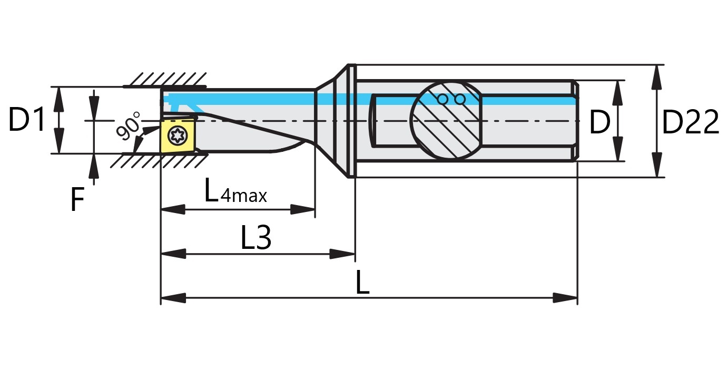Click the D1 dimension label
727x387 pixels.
27,120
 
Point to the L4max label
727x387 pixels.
235,192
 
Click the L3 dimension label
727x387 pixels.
256,238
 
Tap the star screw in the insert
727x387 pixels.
176,136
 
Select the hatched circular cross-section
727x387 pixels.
446,120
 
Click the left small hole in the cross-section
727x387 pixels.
443,99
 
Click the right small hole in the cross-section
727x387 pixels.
460,99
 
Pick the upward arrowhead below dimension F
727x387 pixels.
94,167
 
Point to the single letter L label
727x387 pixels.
362,284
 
